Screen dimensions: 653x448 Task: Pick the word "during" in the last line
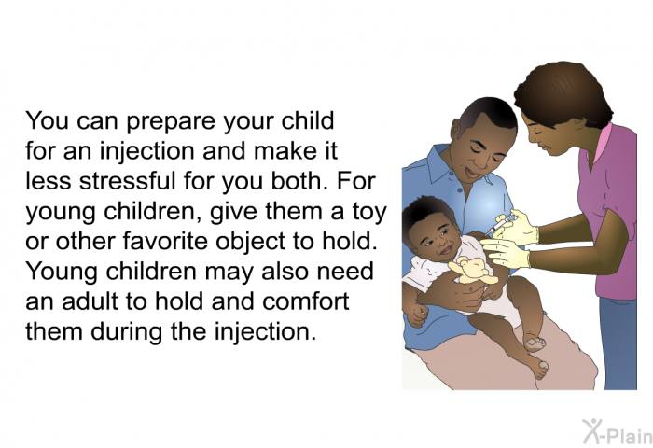[127, 331]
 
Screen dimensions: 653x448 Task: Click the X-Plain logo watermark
[618, 432]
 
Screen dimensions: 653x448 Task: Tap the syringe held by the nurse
[501, 226]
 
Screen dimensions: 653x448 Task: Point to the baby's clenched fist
[417, 315]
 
